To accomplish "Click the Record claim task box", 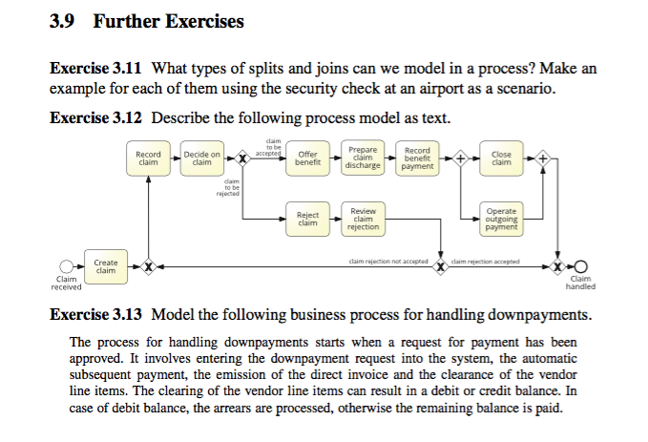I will pyautogui.click(x=148, y=158).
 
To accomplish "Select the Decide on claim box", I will pyautogui.click(x=201, y=158).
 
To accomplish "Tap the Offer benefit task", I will pyautogui.click(x=307, y=158).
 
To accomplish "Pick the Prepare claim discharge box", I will pyautogui.click(x=363, y=158).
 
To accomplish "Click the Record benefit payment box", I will pyautogui.click(x=417, y=158).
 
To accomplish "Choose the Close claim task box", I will pyautogui.click(x=501, y=158).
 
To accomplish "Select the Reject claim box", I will pyautogui.click(x=307, y=220).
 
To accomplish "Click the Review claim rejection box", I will pyautogui.click(x=363, y=220).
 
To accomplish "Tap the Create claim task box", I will pyautogui.click(x=106, y=266).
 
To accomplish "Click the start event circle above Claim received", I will pyautogui.click(x=66, y=266).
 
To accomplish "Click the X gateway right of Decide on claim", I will pyautogui.click(x=243, y=158).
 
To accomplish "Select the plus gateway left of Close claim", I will pyautogui.click(x=461, y=158).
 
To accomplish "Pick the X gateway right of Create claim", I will pyautogui.click(x=147, y=266).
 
